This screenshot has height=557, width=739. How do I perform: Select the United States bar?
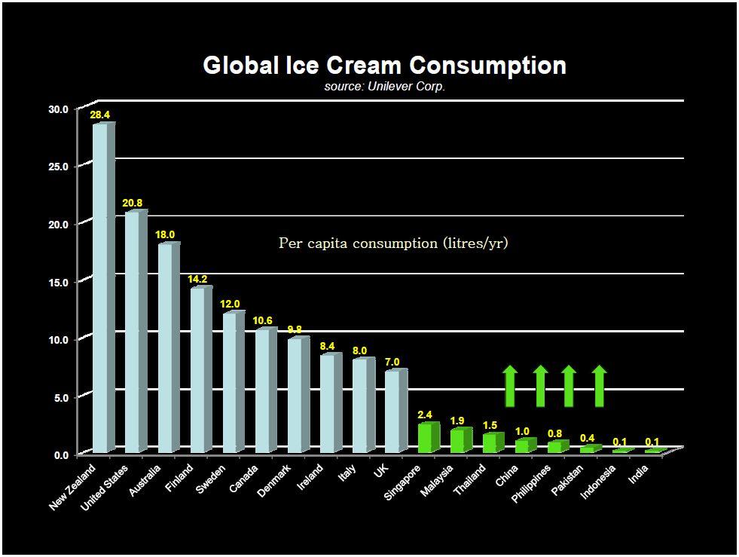tap(133, 332)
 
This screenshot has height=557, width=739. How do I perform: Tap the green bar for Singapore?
tap(426, 439)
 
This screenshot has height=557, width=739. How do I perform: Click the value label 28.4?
tap(100, 115)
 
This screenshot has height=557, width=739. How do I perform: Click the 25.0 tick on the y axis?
tap(58, 167)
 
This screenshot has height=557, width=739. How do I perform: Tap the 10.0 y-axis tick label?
tap(58, 339)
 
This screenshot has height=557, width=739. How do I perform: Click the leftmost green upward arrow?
tap(510, 386)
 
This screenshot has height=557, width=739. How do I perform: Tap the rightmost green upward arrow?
tap(599, 386)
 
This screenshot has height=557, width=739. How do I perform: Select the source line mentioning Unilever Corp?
tap(385, 86)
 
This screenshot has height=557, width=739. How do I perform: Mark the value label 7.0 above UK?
tap(392, 362)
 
